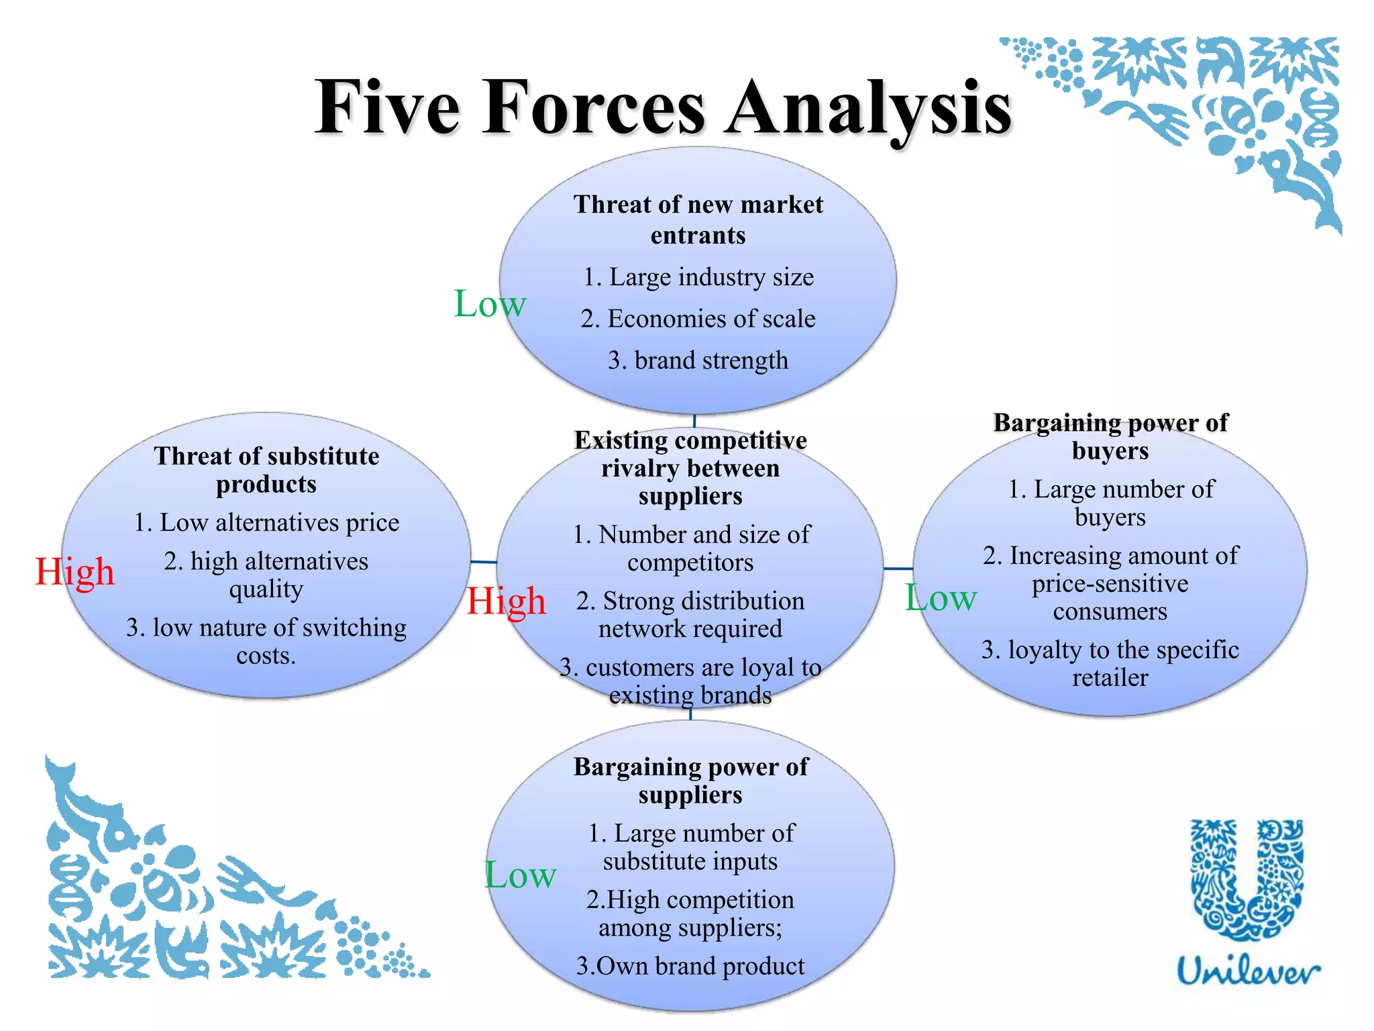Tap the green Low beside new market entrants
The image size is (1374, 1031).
pos(489,303)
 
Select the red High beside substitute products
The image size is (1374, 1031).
pos(74,572)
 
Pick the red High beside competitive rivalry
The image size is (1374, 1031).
pos(506,601)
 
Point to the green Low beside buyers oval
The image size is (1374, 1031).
pos(940,597)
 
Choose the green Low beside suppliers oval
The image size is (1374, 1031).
pos(520,875)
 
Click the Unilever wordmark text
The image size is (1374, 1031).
pos(1248,971)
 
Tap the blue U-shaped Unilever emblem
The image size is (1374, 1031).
pos(1247,879)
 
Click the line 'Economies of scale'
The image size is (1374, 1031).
pos(698,319)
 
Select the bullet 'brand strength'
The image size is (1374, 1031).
pos(698,360)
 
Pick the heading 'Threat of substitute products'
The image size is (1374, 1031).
pos(266,470)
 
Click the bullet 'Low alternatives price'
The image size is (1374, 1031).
pos(266,522)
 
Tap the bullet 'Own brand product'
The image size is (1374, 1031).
pos(690,966)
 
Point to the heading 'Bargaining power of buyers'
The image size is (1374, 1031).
pos(1110,436)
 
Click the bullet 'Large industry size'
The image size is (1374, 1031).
pos(698,277)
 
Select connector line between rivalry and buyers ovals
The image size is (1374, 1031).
pos(898,569)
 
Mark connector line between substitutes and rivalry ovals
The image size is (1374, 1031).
pos(483,561)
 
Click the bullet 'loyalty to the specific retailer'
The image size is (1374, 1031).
pos(1110,663)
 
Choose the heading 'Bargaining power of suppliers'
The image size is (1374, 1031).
pos(690,780)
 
